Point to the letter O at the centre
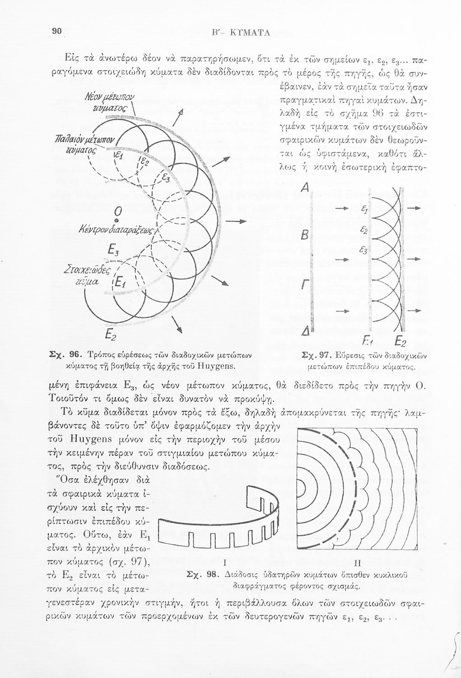tap(117, 211)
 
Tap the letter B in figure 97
tap(304, 236)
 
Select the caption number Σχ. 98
tap(203, 575)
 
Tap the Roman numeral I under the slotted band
tap(224, 563)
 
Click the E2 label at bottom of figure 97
tap(401, 341)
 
